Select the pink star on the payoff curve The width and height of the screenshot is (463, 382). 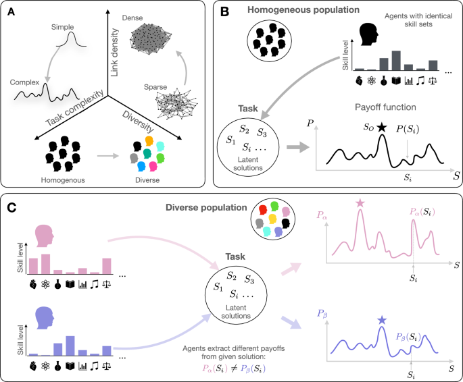[360, 202]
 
